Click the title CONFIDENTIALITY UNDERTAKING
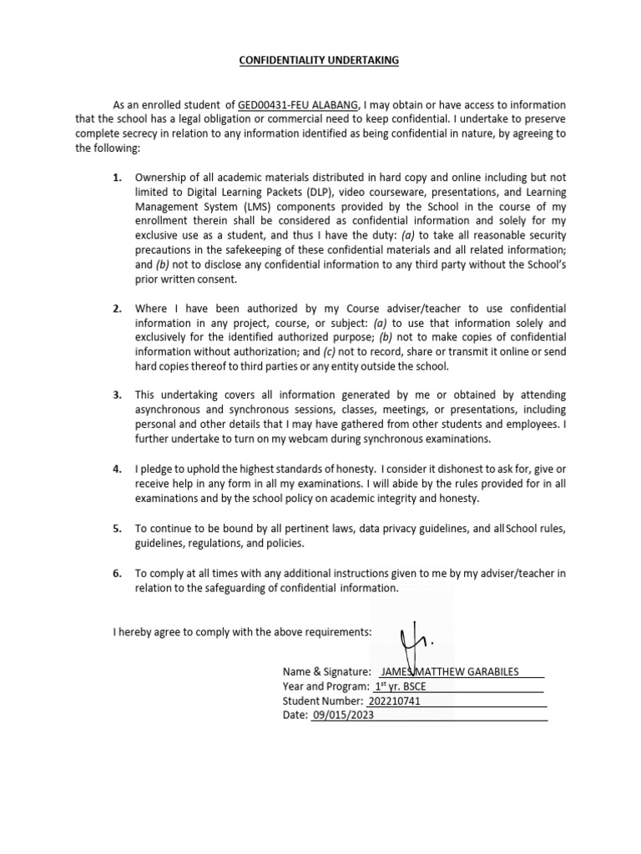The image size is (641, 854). click(320, 61)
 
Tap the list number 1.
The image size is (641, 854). click(118, 178)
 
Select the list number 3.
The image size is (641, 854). click(118, 394)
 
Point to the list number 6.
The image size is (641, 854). click(118, 573)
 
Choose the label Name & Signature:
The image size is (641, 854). click(326, 671)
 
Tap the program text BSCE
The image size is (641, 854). click(421, 686)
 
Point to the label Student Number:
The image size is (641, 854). click(323, 701)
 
